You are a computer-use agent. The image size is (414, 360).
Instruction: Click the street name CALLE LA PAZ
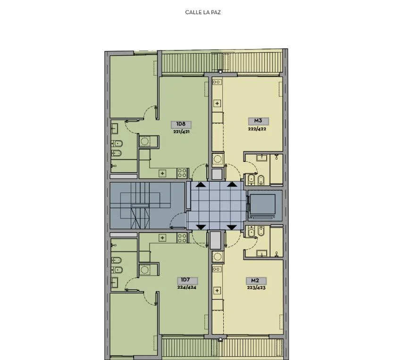pyautogui.click(x=203, y=12)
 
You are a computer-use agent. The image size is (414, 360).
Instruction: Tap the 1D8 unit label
pyautogui.click(x=181, y=124)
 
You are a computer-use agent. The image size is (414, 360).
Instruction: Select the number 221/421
pyautogui.click(x=181, y=132)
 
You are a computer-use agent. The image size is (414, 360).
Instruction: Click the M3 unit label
pyautogui.click(x=258, y=121)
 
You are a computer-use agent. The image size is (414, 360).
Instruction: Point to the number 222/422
pyautogui.click(x=257, y=129)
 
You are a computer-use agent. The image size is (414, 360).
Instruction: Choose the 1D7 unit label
pyautogui.click(x=186, y=280)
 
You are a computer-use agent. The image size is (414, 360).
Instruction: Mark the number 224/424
pyautogui.click(x=186, y=287)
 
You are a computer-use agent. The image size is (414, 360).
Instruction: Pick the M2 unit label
pyautogui.click(x=255, y=281)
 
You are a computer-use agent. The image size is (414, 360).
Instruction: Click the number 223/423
pyautogui.click(x=256, y=288)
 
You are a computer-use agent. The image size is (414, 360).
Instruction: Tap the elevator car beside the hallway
pyautogui.click(x=262, y=205)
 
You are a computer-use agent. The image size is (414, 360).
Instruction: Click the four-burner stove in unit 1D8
pyautogui.click(x=182, y=173)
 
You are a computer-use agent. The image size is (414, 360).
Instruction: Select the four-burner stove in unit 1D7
pyautogui.click(x=182, y=237)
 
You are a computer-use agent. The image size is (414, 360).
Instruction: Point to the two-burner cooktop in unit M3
pyautogui.click(x=217, y=82)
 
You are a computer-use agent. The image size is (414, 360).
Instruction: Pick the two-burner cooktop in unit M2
pyautogui.click(x=217, y=269)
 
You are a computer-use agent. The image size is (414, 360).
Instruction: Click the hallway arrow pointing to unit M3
pyautogui.click(x=232, y=184)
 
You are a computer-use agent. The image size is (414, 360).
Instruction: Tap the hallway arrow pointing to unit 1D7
pyautogui.click(x=201, y=227)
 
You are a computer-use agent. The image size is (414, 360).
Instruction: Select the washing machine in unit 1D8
pyautogui.click(x=144, y=141)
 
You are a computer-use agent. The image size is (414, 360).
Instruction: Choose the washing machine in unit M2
pyautogui.click(x=218, y=256)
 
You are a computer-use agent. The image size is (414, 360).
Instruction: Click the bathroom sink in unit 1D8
pyautogui.click(x=115, y=128)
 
